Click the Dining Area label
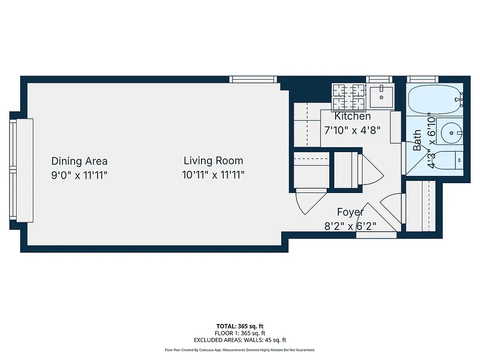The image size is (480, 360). point(79,161)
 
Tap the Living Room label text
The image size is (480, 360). point(213,161)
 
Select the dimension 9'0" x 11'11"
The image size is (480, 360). point(79,175)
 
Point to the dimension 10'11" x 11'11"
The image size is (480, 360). point(213,175)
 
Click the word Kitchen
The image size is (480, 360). point(353,116)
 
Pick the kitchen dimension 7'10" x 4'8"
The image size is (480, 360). point(353,130)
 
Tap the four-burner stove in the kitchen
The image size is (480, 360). point(348,97)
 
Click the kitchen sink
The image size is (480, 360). point(381,96)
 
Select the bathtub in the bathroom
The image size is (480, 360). point(435,99)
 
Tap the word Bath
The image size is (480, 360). point(418,140)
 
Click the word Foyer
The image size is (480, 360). point(350,212)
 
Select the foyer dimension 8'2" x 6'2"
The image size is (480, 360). point(350,226)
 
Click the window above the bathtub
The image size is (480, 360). point(422,79)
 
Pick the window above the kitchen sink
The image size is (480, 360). point(380,79)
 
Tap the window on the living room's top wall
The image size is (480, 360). point(253,79)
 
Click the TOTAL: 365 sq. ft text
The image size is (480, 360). point(240,326)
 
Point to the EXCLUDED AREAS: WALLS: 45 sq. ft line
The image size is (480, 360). point(240,340)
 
